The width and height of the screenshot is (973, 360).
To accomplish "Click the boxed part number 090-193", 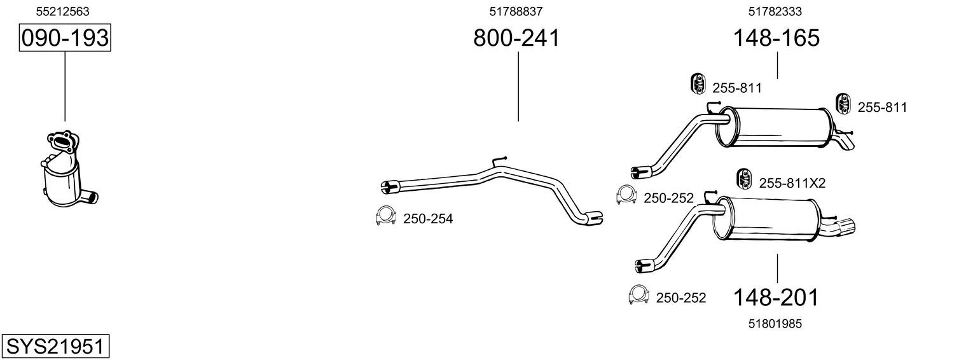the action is click(65, 38).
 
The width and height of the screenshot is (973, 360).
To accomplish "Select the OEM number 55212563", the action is click(62, 11).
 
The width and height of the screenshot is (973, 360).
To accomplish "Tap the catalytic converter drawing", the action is click(69, 169).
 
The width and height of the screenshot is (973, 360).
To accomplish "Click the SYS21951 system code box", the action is click(55, 346).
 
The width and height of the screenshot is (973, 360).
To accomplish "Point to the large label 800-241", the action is click(516, 38).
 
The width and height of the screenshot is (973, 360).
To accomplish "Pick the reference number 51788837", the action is click(516, 11).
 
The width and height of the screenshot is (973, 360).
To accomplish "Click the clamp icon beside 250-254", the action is click(385, 216).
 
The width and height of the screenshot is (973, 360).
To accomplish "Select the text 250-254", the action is click(428, 219).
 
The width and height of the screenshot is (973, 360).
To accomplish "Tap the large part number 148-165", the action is click(776, 38).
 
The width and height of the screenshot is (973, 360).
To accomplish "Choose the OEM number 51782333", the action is click(775, 11).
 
